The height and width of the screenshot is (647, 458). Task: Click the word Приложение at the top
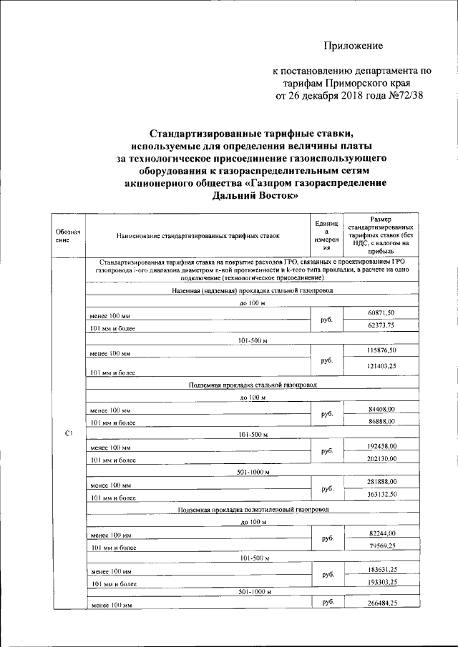point(353,46)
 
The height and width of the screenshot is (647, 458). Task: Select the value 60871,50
point(381,314)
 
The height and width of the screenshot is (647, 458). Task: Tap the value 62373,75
point(381,325)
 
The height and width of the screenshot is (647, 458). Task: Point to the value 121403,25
point(381,365)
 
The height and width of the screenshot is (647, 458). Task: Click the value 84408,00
point(381,409)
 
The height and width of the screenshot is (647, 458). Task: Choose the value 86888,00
point(381,422)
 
